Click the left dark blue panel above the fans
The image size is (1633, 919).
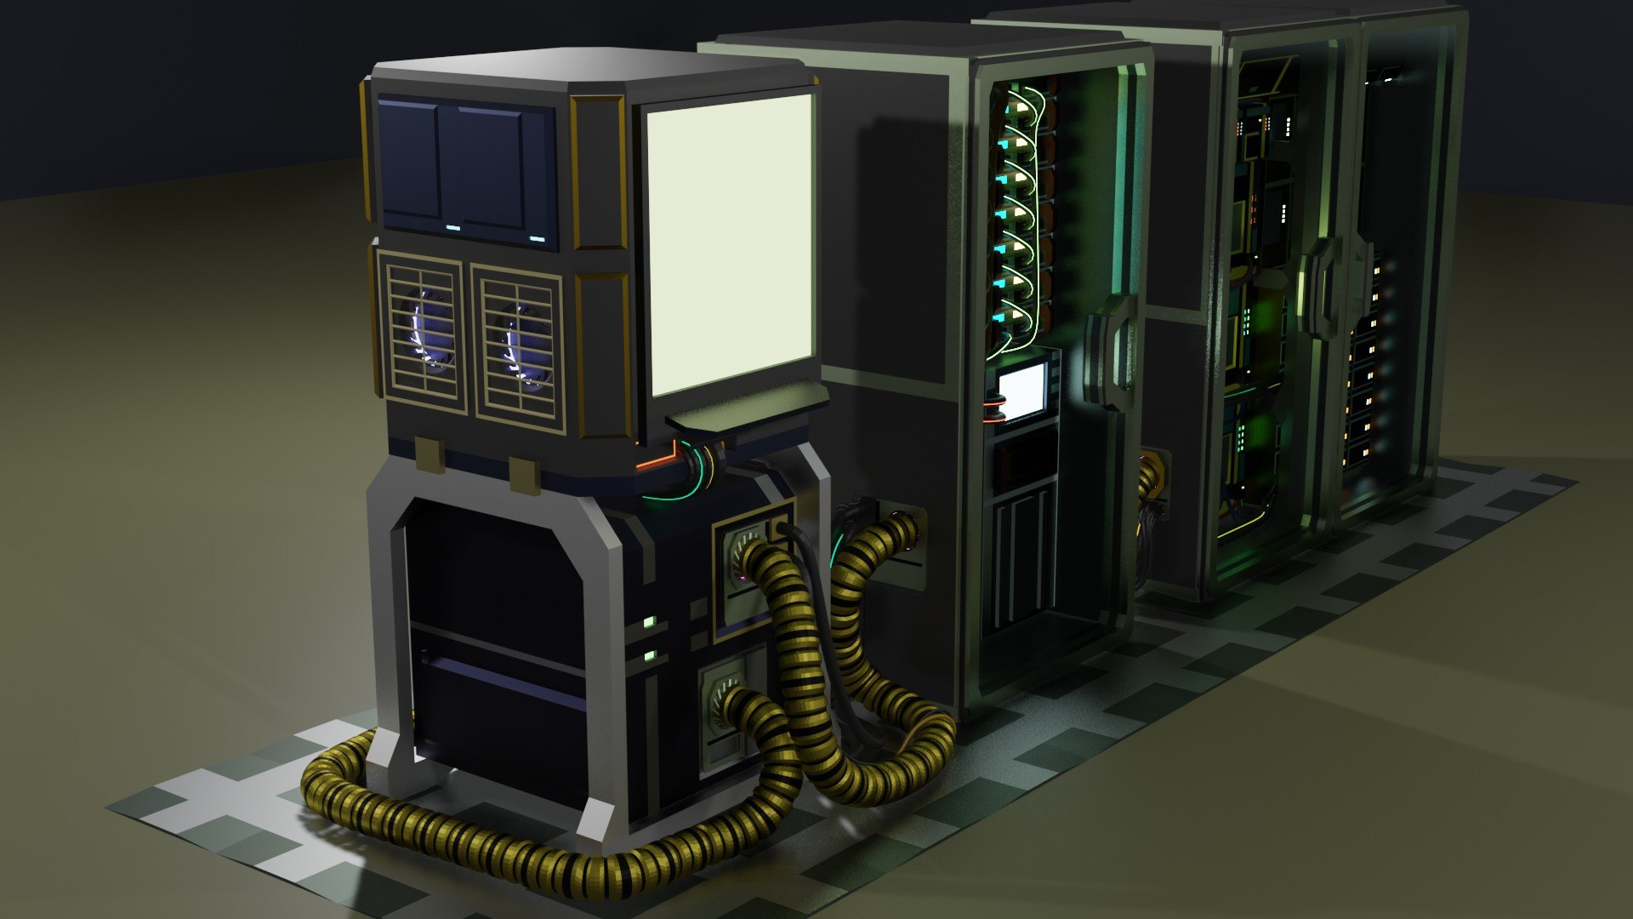pos(409,162)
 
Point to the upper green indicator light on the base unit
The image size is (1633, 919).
pos(649,622)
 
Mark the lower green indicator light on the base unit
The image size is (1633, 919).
pos(650,655)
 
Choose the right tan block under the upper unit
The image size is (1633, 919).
pos(524,474)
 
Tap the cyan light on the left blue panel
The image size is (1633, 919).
pos(452,228)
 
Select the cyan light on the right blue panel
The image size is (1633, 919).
pos(537,238)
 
